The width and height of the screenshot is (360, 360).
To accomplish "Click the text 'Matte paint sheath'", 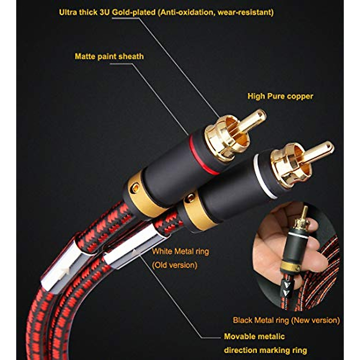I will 109,57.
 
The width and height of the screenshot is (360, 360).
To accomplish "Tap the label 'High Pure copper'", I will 280,96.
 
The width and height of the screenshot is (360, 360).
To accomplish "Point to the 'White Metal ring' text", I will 180,251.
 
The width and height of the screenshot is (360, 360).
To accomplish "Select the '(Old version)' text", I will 175,265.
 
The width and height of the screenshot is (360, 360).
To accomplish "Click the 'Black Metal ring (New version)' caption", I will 286,320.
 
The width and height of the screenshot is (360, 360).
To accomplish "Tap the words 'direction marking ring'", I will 265,350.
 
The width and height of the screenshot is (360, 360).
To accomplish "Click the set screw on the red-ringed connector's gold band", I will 135,188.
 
